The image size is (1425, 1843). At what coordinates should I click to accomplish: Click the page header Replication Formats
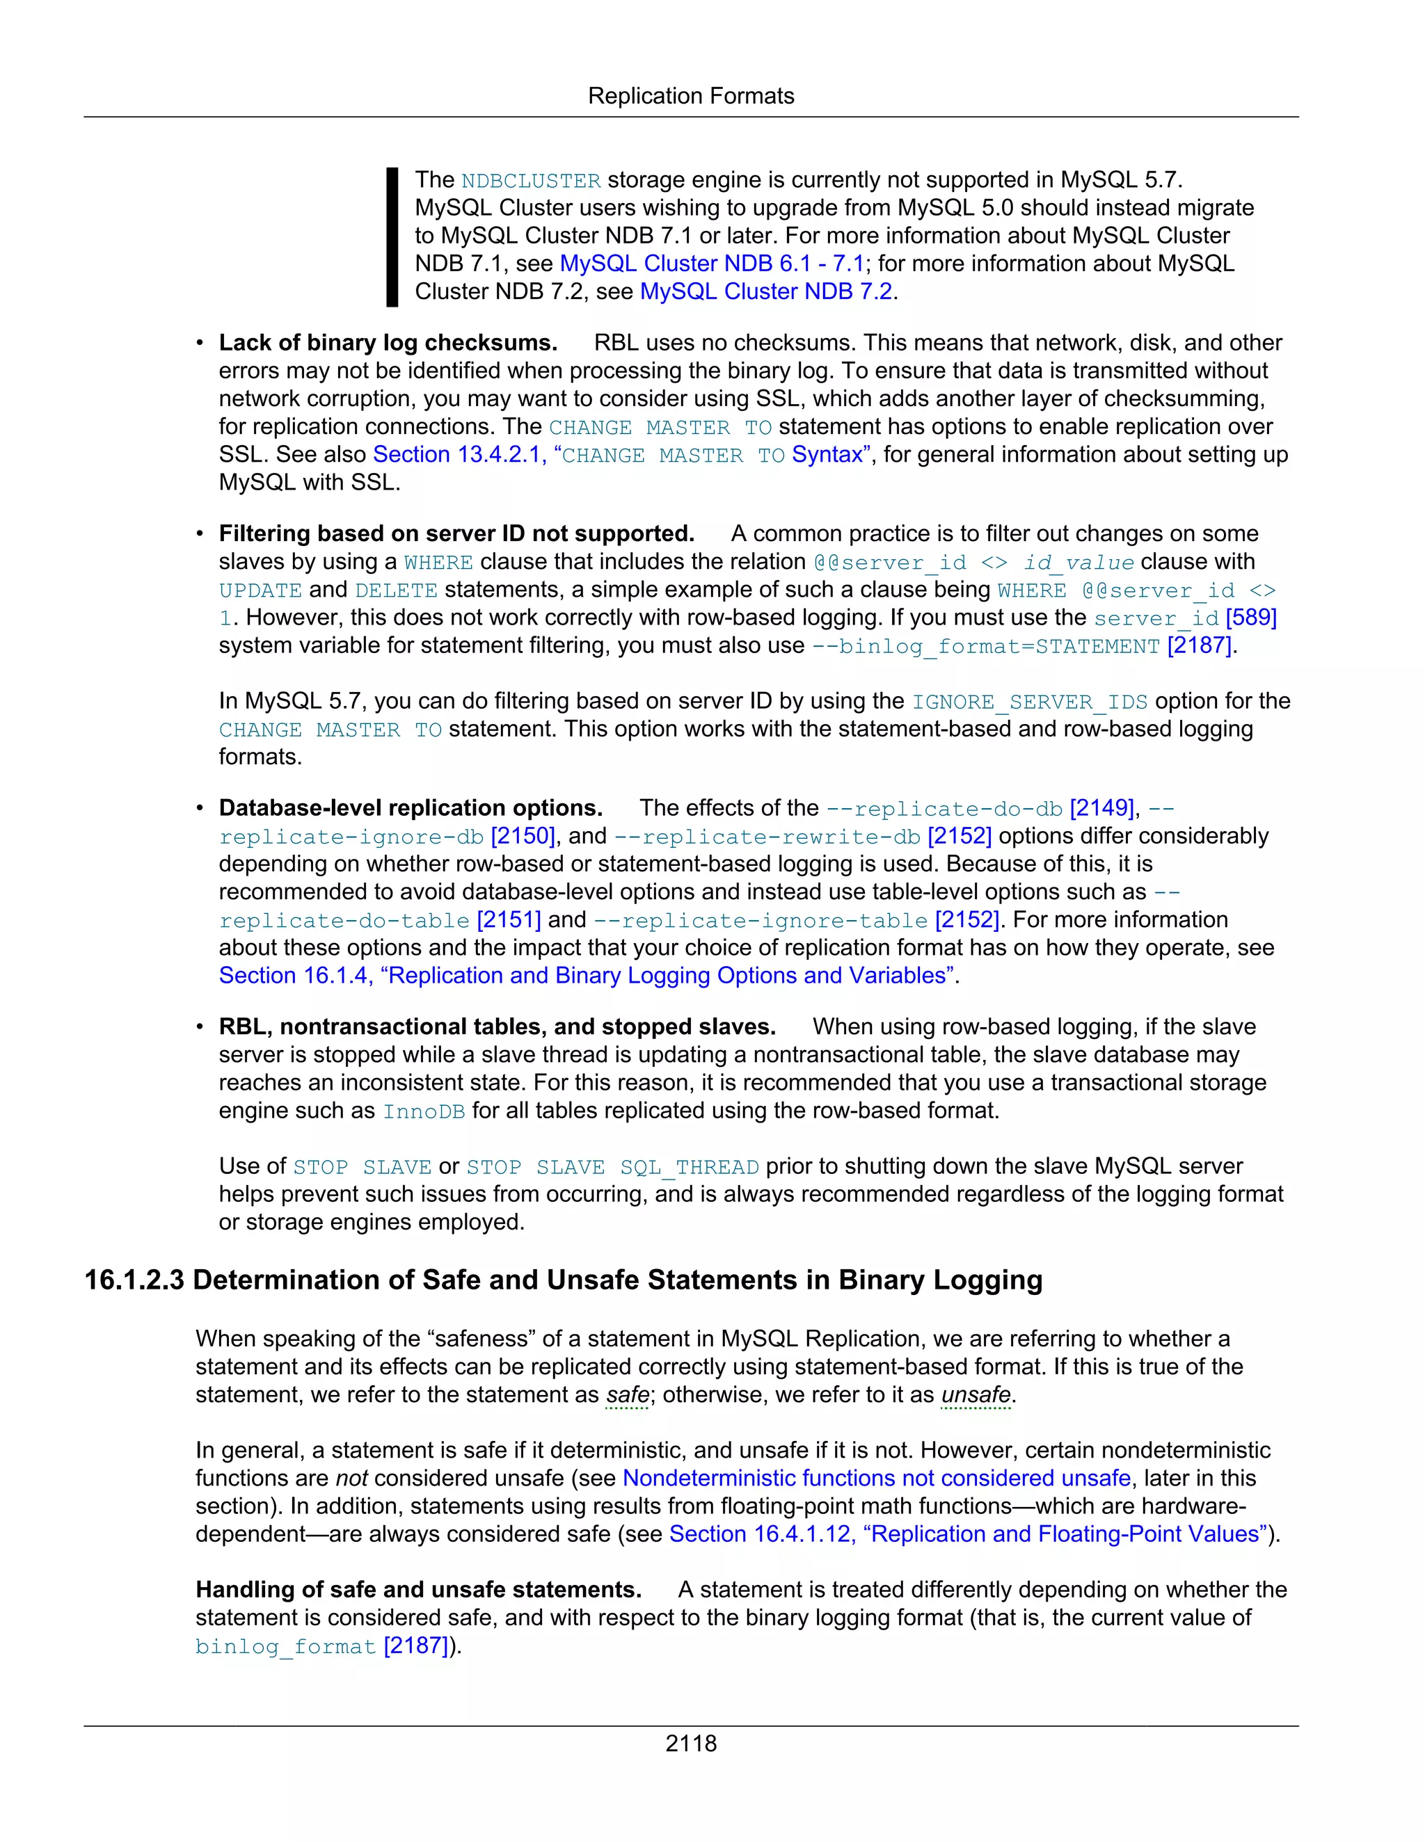690,96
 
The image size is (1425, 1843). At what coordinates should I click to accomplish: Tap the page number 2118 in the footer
690,1743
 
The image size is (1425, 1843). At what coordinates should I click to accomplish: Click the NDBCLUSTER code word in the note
531,181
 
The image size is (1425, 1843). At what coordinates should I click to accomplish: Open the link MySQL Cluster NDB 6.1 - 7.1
712,264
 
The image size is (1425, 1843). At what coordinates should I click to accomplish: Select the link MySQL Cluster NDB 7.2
765,291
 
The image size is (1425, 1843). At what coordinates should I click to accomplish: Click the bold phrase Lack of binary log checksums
388,343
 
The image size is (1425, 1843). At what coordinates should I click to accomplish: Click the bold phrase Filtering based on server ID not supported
456,533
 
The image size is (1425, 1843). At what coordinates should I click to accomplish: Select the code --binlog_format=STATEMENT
985,646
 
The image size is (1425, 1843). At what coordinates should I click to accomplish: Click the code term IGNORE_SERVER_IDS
1029,702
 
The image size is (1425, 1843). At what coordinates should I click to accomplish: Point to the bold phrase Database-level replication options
411,808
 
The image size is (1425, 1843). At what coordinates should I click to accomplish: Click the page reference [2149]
1101,808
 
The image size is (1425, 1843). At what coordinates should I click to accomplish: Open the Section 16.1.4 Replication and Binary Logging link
586,976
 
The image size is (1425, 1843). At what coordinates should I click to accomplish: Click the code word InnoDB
424,1111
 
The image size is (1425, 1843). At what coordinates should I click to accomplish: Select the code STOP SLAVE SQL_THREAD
612,1167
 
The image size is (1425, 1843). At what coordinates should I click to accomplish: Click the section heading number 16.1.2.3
134,1280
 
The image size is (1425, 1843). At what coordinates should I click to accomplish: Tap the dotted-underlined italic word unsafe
975,1395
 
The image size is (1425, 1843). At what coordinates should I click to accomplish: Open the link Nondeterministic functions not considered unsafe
875,1479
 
